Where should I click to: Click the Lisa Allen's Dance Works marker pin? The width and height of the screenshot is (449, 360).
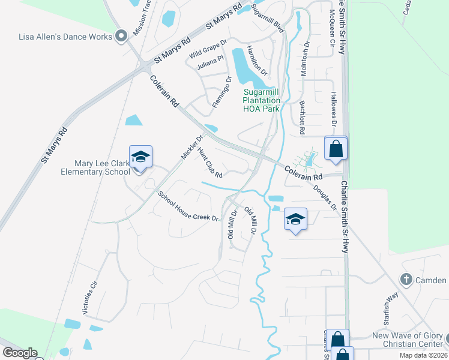point(121,37)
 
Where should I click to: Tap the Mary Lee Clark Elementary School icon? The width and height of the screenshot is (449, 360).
point(140,157)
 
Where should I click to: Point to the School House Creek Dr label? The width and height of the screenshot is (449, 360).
point(188,206)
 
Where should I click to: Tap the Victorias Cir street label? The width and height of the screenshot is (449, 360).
point(89,299)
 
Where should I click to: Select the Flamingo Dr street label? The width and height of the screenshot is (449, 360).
point(221,92)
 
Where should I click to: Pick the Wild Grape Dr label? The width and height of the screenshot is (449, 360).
point(208,49)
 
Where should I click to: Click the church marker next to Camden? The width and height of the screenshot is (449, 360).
point(406,280)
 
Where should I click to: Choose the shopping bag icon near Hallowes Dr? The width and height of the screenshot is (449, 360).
point(336,148)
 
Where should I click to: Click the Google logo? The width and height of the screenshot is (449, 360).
point(19,353)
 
